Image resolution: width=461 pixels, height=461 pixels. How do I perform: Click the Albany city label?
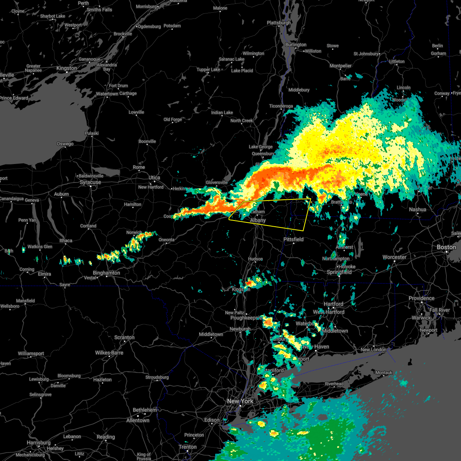pyautogui.click(x=258, y=221)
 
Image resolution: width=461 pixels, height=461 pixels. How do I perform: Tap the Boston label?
pyautogui.click(x=446, y=247)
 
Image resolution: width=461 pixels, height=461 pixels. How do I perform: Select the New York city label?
pyautogui.click(x=240, y=401)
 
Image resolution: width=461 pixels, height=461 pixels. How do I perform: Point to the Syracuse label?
pyautogui.click(x=90, y=182)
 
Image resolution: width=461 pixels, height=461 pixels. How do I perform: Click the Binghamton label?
pyautogui.click(x=106, y=273)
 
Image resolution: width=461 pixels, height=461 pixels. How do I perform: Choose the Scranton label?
pyautogui.click(x=124, y=338)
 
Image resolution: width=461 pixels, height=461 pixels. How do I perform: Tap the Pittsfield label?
pyautogui.click(x=294, y=239)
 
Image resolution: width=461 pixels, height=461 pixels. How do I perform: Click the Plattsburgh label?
pyautogui.click(x=279, y=23)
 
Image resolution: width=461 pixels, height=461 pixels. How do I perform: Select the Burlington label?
pyautogui.click(x=296, y=45)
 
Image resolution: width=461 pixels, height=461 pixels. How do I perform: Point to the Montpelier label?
pyautogui.click(x=341, y=66)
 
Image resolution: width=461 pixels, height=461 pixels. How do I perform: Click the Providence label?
pyautogui.click(x=421, y=298)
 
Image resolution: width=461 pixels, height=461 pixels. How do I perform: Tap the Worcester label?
pyautogui.click(x=395, y=257)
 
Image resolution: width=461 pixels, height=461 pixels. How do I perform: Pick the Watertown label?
pyautogui.click(x=107, y=94)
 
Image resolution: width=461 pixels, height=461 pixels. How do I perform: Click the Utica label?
pyautogui.click(x=154, y=178)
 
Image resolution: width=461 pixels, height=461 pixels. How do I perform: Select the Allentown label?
pyautogui.click(x=138, y=420)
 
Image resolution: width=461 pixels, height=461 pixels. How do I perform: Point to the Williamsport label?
pyautogui.click(x=31, y=353)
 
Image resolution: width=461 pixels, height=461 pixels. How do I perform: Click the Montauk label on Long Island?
pyautogui.click(x=384, y=373)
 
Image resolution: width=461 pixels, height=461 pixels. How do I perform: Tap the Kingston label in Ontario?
pyautogui.click(x=67, y=68)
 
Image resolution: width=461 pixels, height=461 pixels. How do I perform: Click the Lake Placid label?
pyautogui.click(x=242, y=71)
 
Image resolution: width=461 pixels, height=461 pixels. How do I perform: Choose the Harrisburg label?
pyautogui.click(x=39, y=443)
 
